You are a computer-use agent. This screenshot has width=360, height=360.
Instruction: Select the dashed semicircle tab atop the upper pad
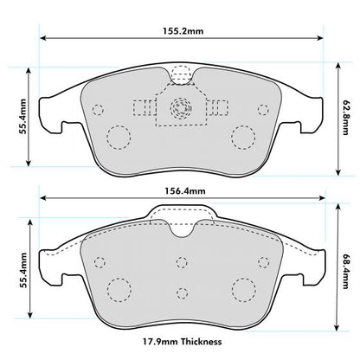tap(182, 76)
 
